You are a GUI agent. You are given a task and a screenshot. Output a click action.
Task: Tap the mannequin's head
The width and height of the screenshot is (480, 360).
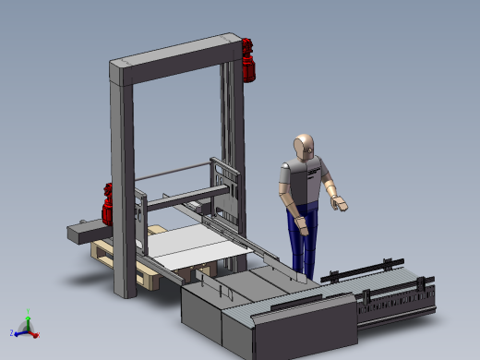coord(304,147)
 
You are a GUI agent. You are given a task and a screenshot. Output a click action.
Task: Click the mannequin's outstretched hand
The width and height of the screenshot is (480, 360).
coord(341,203)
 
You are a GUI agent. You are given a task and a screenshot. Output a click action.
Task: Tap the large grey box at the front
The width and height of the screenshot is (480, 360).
coord(208,314)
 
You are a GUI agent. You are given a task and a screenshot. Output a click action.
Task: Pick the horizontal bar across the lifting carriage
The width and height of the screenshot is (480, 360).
coord(180,193)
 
